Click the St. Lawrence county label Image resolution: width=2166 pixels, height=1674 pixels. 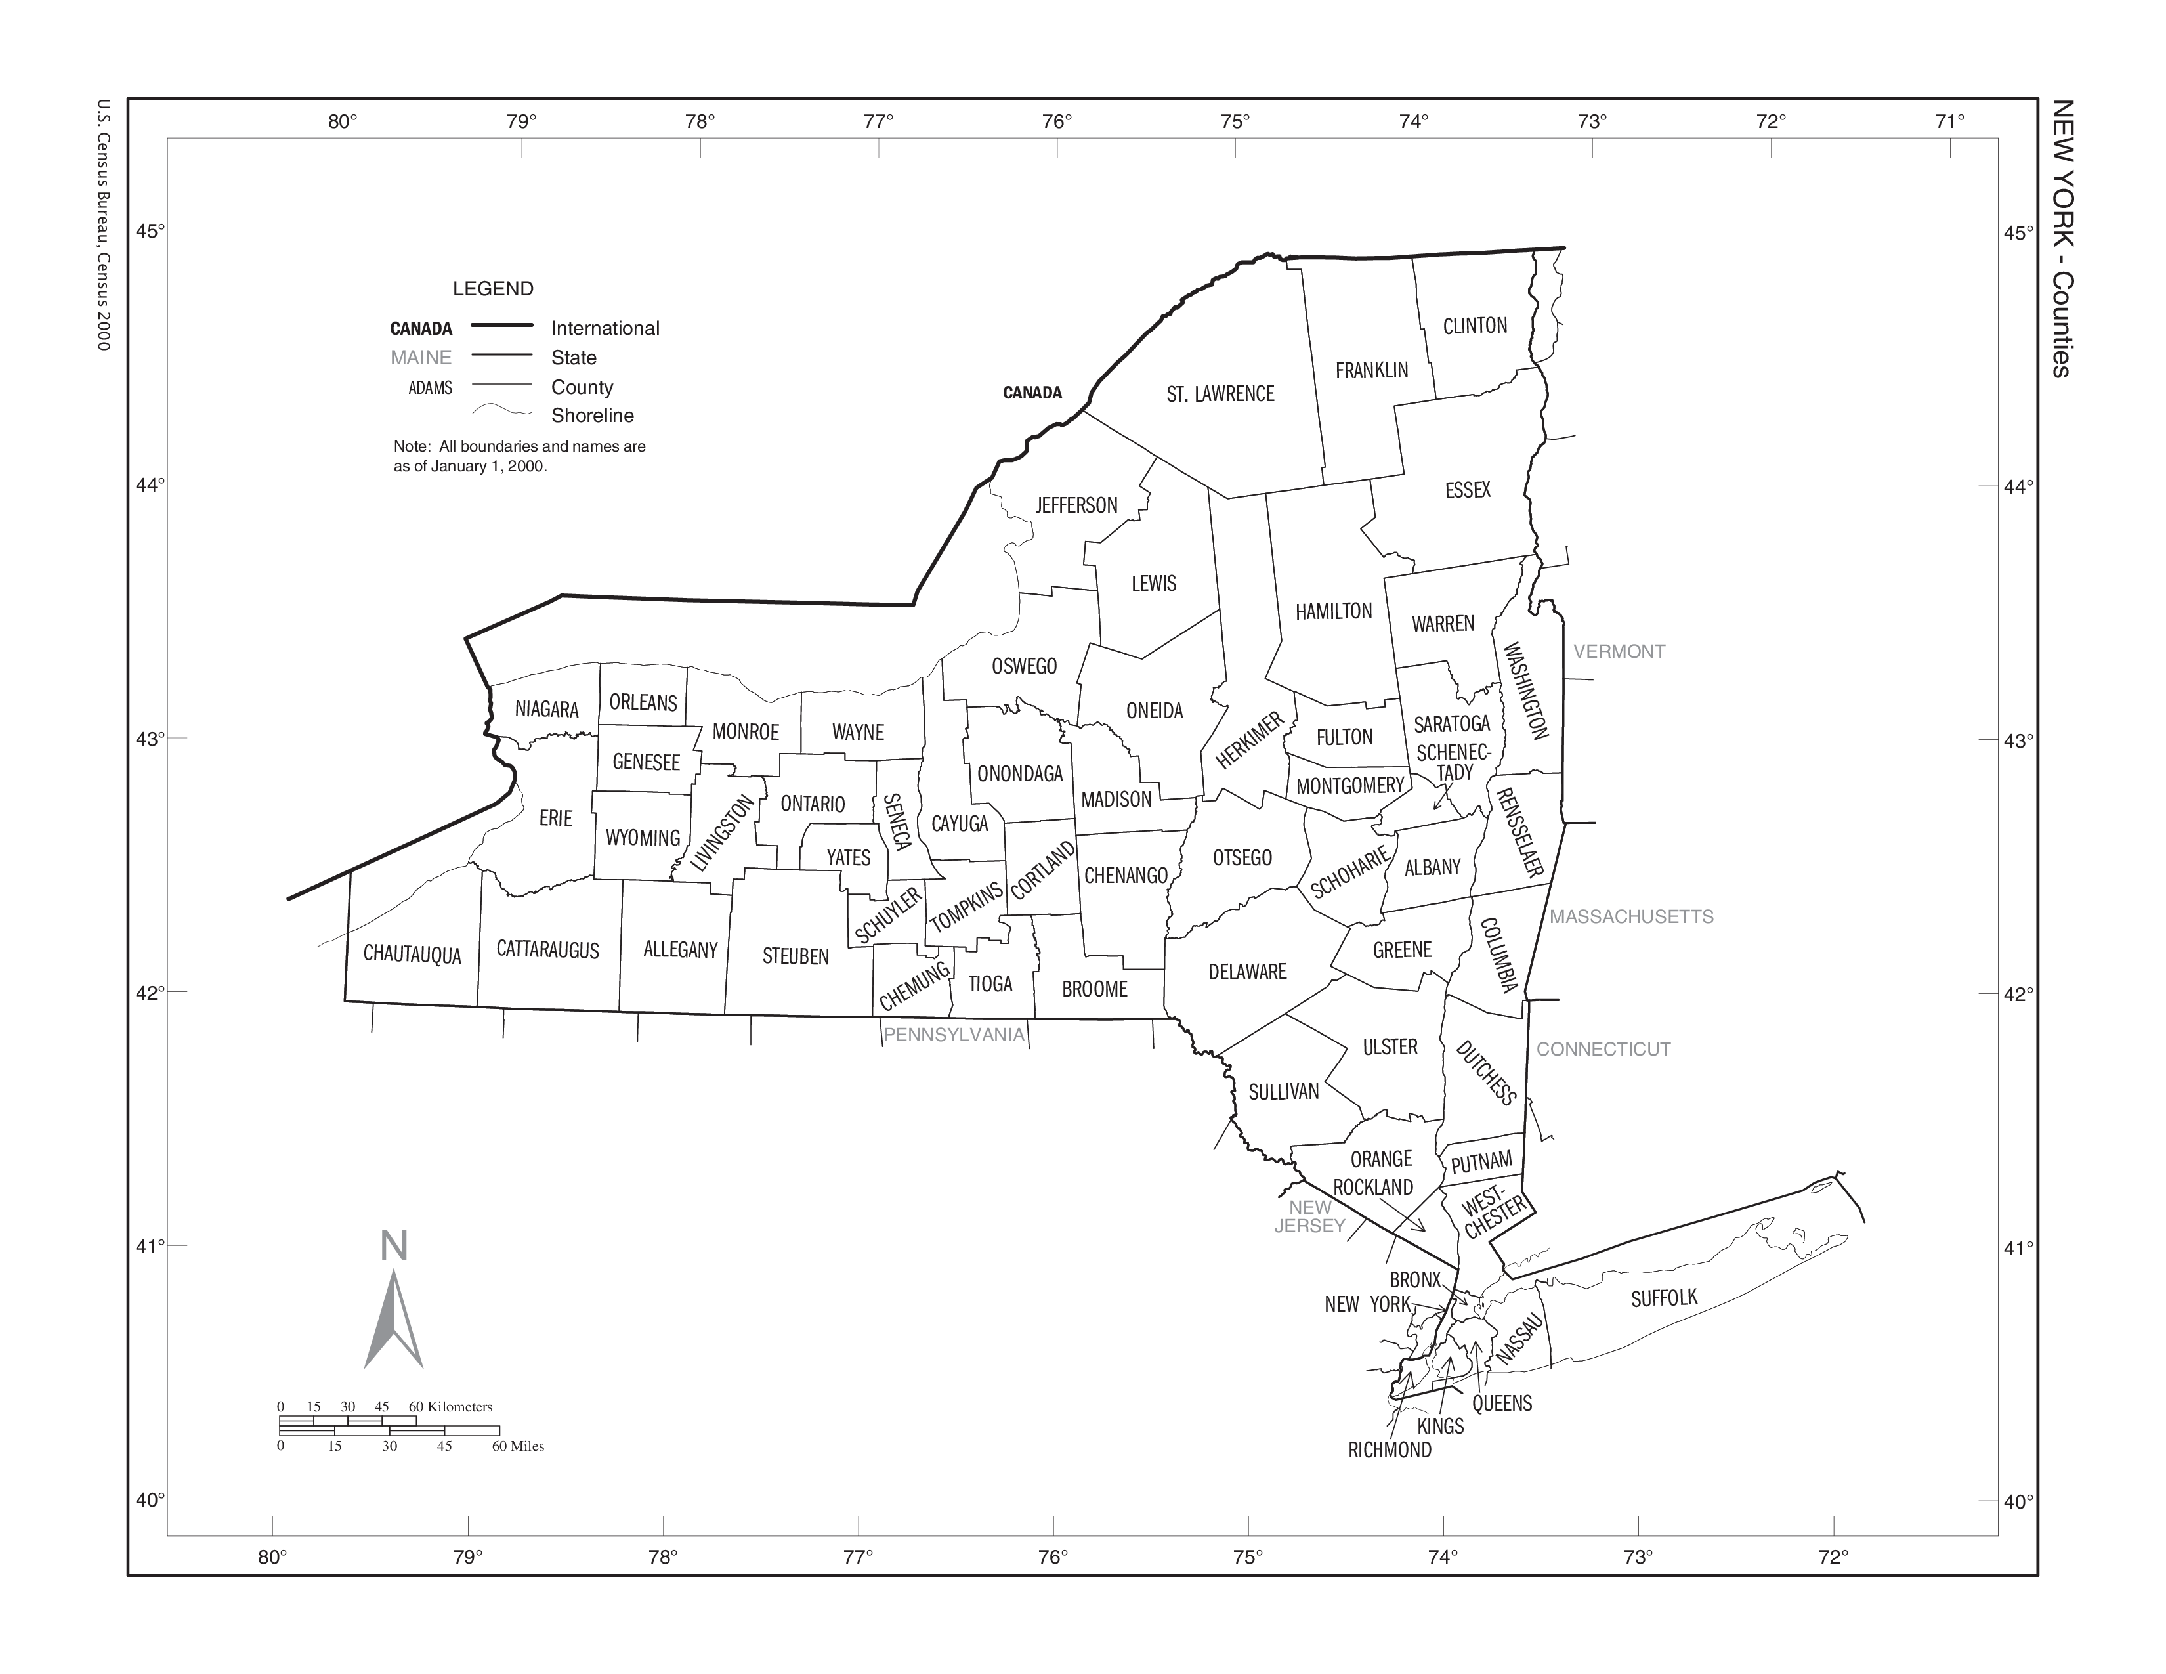[1220, 394]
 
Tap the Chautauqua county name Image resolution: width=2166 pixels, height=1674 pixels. [412, 954]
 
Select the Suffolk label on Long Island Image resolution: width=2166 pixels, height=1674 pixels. [1664, 1297]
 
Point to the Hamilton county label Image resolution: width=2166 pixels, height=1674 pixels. [1334, 611]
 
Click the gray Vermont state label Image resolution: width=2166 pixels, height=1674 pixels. [1619, 652]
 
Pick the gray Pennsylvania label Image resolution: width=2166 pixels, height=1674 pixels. [953, 1035]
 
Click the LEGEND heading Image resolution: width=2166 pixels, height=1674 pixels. [493, 289]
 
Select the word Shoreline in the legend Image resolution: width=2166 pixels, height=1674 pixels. [592, 416]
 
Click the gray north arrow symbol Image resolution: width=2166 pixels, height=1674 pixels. [394, 1319]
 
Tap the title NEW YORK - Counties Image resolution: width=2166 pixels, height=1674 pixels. [2061, 238]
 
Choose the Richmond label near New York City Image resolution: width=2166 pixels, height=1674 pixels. [1390, 1450]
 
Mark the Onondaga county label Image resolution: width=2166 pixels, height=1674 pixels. [1019, 773]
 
